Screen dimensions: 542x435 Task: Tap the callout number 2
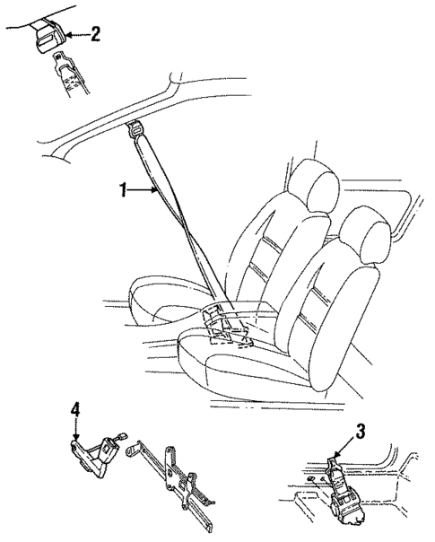coord(97,35)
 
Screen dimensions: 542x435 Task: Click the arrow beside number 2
coord(78,35)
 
